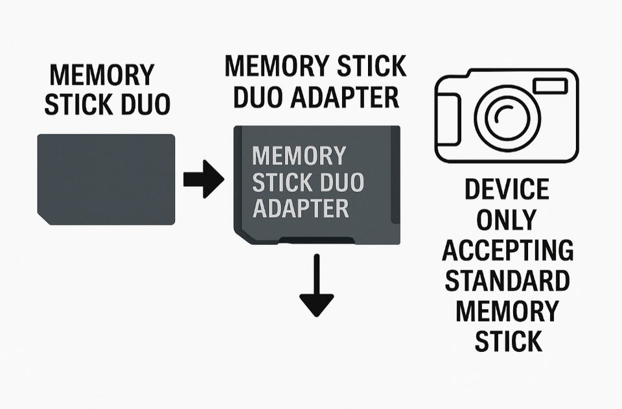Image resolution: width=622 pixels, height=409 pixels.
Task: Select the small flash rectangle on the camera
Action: pos(549,86)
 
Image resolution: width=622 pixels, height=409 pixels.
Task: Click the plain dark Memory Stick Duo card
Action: pos(106,178)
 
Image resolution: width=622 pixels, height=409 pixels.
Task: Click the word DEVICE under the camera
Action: pos(507,189)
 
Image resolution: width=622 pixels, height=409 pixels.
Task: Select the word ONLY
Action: pos(506,220)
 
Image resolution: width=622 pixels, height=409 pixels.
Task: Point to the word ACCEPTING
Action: pos(506,251)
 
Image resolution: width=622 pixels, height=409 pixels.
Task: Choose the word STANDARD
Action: pos(506,281)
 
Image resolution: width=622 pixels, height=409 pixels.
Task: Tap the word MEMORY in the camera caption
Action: pos(507,311)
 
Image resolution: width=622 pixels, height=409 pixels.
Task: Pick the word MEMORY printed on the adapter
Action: pos(299,156)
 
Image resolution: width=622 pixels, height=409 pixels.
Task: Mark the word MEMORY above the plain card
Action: pos(102,75)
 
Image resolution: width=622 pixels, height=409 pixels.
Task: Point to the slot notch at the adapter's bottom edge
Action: pos(317,240)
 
